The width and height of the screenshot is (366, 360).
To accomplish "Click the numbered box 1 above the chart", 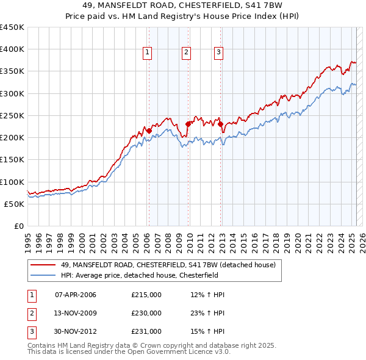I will pyautogui.click(x=148, y=52).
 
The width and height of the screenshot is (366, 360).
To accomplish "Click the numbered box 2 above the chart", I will pyautogui.click(x=186, y=52).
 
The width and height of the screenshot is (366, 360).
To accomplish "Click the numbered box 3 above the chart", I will pyautogui.click(x=218, y=52).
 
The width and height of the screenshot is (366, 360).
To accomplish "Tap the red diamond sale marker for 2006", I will pyautogui.click(x=148, y=130).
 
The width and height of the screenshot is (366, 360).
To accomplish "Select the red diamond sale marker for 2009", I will pyautogui.click(x=188, y=124).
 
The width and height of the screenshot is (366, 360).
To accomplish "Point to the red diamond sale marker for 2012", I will pyautogui.click(x=220, y=124).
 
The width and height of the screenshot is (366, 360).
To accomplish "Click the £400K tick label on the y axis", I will pyautogui.click(x=12, y=49).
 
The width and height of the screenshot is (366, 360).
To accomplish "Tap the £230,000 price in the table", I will pyautogui.click(x=146, y=313).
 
